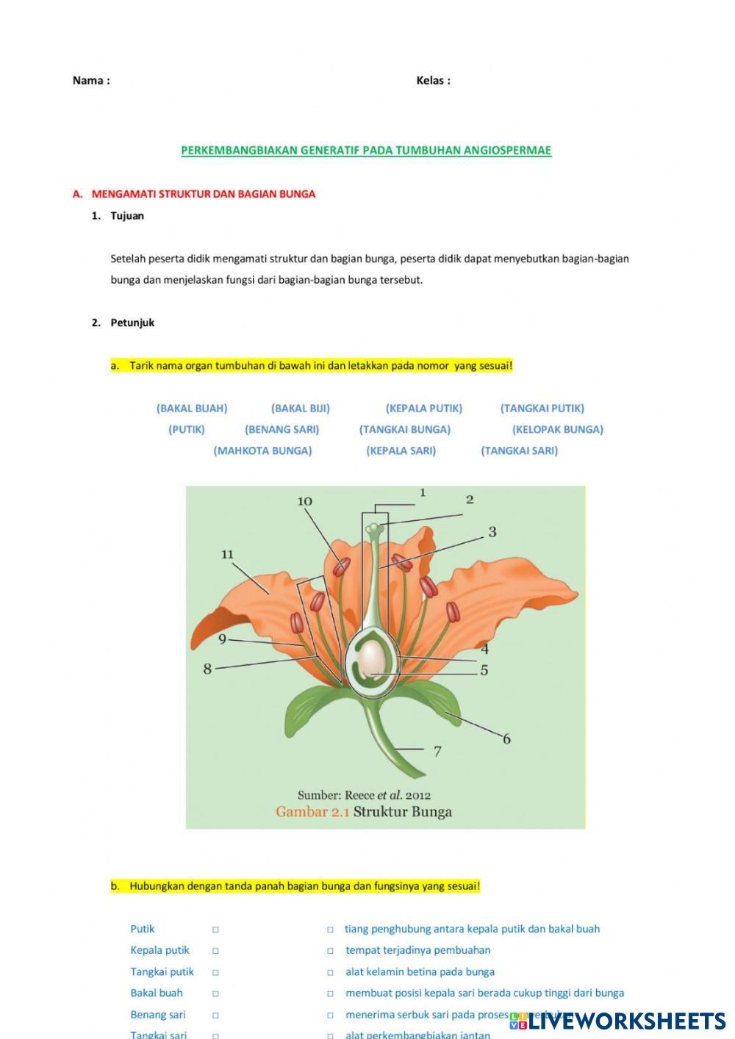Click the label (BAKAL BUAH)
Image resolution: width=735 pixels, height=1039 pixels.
(x=192, y=409)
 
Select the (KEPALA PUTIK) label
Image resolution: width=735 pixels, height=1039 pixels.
(x=424, y=409)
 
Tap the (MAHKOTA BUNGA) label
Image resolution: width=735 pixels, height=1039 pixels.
(x=262, y=451)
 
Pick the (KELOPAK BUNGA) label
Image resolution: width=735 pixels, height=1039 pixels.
(x=557, y=430)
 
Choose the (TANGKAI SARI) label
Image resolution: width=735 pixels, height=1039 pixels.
(x=519, y=451)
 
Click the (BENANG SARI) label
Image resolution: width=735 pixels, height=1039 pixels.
(x=282, y=430)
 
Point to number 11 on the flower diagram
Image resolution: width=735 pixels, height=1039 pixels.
(x=227, y=554)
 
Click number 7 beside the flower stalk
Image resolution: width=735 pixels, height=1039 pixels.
(x=437, y=751)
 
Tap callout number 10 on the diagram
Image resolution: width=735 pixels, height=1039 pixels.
(x=304, y=501)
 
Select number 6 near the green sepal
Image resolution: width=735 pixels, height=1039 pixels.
(x=506, y=739)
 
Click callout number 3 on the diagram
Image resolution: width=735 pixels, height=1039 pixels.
(x=492, y=532)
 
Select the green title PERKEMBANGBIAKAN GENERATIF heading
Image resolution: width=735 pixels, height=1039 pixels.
(x=366, y=151)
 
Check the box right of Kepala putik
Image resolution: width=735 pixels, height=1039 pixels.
(x=216, y=951)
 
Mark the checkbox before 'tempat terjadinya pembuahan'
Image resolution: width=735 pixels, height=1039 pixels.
(x=331, y=951)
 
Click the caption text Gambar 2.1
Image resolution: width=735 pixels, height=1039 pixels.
(x=313, y=812)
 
